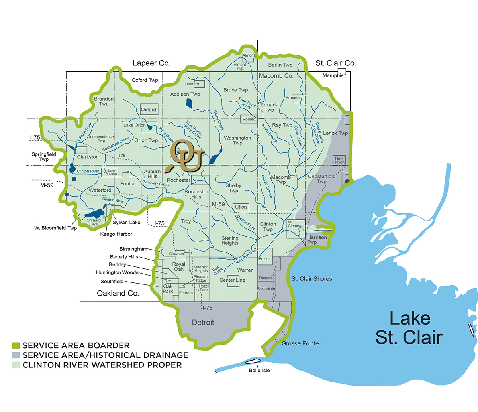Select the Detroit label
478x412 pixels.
point(203,322)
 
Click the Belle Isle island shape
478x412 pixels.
point(252,361)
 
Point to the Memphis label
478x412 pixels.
point(333,75)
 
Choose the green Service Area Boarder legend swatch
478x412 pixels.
point(16,345)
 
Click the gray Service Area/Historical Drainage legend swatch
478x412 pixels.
point(16,355)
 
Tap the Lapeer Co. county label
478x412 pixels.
point(151,63)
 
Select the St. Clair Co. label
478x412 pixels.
point(335,63)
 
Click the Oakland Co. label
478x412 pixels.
point(118,293)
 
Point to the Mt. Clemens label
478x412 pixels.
point(296,224)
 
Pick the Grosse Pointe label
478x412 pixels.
point(300,343)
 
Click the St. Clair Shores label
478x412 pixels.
point(311,279)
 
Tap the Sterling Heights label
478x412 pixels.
point(230,240)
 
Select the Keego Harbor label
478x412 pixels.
point(116,234)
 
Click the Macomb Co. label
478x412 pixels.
point(276,76)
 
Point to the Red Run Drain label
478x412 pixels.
point(247,256)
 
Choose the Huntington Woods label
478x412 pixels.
point(117,272)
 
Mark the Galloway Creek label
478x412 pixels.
point(156,183)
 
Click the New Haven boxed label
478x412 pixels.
point(339,160)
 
